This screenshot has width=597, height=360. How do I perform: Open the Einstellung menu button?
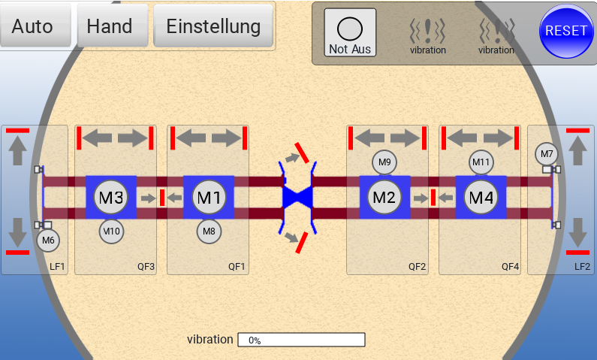[x=213, y=26]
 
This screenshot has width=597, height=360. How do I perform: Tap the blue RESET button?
[x=565, y=31]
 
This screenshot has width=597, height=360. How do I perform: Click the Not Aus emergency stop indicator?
[x=350, y=34]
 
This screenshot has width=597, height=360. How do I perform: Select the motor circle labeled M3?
[x=110, y=198]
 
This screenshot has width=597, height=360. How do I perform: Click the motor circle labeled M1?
[x=208, y=198]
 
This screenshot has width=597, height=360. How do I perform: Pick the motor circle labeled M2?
[x=384, y=198]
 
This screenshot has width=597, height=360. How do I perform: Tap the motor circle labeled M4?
[x=480, y=198]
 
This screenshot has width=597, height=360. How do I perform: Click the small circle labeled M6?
[x=48, y=241]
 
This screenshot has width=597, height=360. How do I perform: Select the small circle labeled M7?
[x=547, y=154]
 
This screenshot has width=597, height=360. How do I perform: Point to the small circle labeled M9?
[x=384, y=162]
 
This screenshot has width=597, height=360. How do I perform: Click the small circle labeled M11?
[x=481, y=162]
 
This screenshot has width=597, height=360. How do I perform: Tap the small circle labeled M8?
[x=209, y=231]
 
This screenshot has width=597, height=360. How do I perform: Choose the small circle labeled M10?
[x=111, y=231]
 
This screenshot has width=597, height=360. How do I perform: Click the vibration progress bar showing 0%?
[x=301, y=340]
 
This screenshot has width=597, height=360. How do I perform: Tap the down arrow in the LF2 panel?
[x=577, y=233]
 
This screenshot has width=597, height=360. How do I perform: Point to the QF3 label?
[x=146, y=266]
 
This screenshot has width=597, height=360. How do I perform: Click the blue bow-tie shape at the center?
[x=297, y=197]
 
